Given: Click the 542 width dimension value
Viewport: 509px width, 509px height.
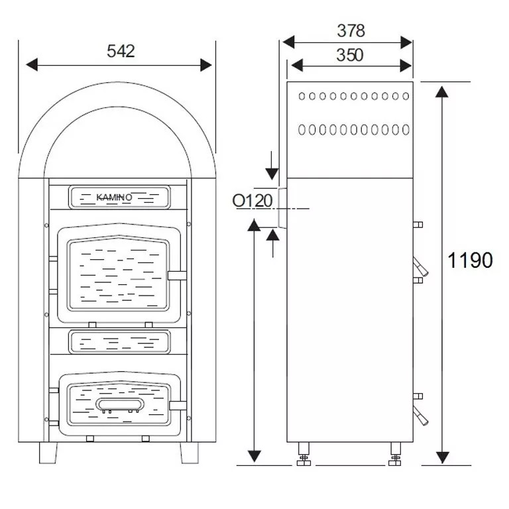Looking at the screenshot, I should (x=121, y=51).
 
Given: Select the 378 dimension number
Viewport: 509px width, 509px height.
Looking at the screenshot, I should (x=351, y=30).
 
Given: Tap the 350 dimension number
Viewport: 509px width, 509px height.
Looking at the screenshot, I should (x=349, y=55).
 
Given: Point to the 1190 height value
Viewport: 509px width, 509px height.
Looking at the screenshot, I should (x=470, y=260).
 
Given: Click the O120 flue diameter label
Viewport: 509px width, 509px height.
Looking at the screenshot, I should (x=253, y=200).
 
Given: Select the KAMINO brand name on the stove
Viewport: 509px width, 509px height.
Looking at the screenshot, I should (x=115, y=198).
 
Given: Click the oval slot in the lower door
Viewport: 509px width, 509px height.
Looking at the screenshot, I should (x=119, y=404).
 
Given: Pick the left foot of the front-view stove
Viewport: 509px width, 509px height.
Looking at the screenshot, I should (x=48, y=453).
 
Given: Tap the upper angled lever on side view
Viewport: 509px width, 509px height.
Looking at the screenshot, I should (x=420, y=266).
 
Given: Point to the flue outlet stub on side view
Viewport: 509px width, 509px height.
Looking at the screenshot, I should (x=282, y=207).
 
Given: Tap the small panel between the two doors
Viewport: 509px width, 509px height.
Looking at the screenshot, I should (x=119, y=342).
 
